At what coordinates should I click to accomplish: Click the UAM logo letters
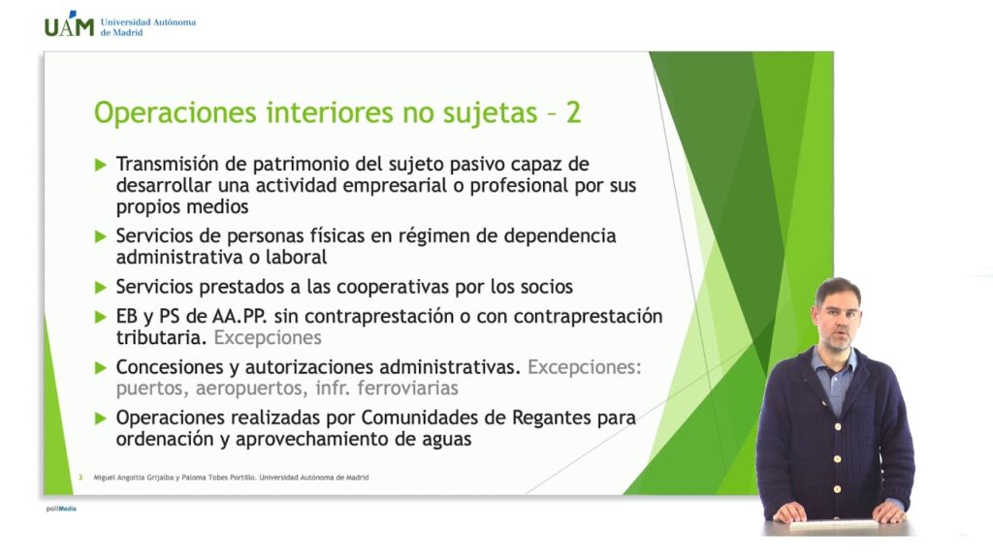point(69,24)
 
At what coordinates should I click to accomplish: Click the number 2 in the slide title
point(573,112)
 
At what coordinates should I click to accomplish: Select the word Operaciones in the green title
point(176,113)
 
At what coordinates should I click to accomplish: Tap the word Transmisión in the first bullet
point(167,164)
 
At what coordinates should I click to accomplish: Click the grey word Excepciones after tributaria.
point(268,338)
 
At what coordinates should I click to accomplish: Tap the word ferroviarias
point(407,387)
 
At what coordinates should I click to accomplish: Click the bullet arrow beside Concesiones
point(101,367)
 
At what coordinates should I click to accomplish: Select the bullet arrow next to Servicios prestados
point(101,287)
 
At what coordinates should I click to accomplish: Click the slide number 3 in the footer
point(80,477)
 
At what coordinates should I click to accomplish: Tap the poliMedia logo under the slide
point(61,509)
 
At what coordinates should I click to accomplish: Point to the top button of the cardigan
point(837,427)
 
